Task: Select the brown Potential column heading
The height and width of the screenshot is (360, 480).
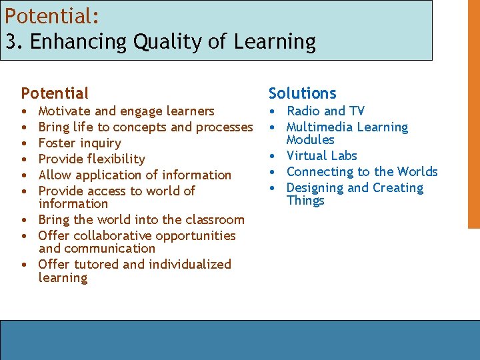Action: click(x=55, y=93)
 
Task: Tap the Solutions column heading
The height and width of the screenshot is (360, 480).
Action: click(x=302, y=93)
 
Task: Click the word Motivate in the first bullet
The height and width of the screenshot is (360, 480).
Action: click(x=65, y=111)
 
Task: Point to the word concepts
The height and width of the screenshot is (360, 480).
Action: click(x=139, y=127)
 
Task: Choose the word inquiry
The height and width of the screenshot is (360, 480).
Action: click(x=100, y=143)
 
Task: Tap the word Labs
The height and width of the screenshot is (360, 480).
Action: click(x=343, y=156)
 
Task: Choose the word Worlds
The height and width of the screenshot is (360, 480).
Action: click(x=417, y=172)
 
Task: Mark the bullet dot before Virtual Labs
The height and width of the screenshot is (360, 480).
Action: click(x=273, y=157)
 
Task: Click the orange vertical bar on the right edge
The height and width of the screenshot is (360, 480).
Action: click(x=473, y=113)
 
